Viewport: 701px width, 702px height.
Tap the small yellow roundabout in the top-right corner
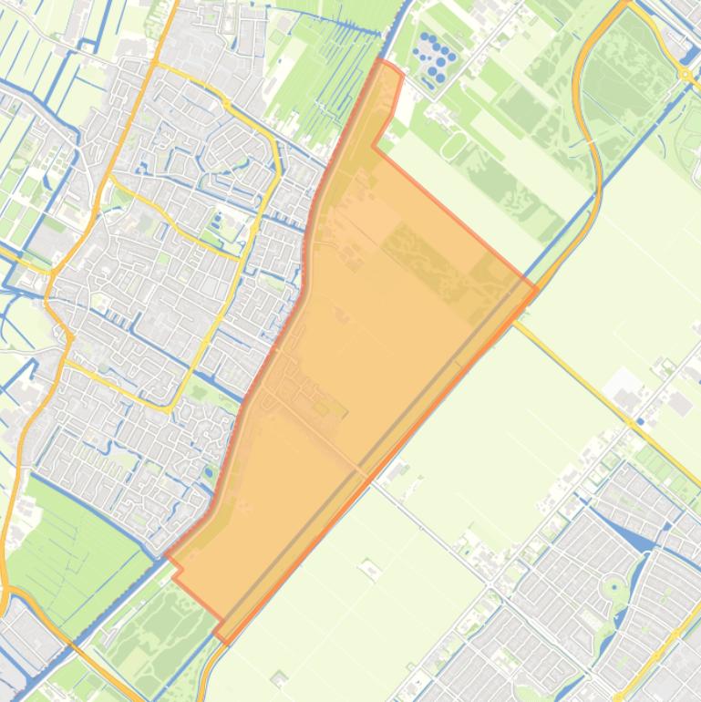(684, 74)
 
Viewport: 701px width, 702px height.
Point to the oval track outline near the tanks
(453, 144)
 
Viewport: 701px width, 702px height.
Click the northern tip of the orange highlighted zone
(383, 63)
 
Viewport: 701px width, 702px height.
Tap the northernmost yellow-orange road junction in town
(158, 65)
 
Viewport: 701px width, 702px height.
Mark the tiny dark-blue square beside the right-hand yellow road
(641, 422)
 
